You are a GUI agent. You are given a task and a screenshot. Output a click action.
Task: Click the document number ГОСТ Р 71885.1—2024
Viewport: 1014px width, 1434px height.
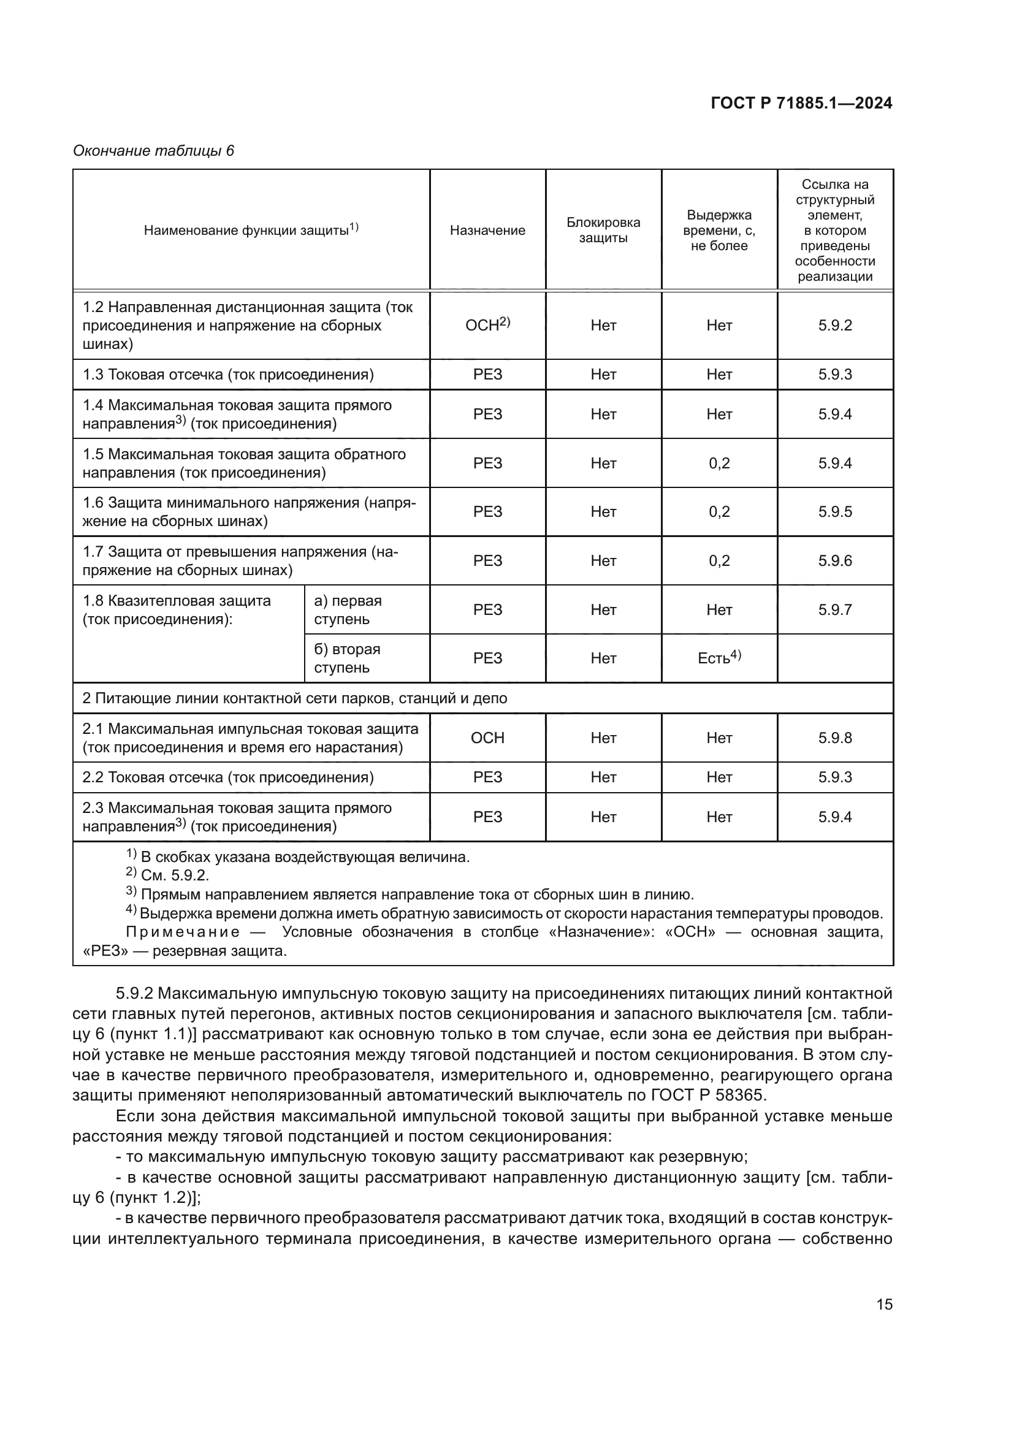801,103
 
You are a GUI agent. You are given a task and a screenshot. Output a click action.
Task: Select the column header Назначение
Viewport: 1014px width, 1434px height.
487,231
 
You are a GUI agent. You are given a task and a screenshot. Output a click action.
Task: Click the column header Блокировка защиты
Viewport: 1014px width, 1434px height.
603,231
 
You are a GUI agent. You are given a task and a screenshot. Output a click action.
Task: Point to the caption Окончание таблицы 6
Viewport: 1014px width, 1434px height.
154,151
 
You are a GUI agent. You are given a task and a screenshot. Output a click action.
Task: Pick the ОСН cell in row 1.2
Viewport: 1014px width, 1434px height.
487,325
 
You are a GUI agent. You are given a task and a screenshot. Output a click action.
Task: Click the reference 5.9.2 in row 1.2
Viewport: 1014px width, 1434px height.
835,325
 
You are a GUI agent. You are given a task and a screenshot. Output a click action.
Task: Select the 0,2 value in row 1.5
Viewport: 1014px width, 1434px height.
719,463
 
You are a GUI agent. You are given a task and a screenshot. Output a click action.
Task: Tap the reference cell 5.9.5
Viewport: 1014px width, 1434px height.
835,511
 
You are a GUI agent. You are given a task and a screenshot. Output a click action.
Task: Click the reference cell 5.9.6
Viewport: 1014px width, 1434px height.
835,560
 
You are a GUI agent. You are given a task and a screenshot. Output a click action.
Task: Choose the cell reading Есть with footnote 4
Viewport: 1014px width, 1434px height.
719,658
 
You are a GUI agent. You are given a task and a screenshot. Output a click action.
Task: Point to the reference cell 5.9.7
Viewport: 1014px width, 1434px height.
835,609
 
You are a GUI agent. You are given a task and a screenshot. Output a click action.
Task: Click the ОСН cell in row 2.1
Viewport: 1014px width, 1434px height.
487,738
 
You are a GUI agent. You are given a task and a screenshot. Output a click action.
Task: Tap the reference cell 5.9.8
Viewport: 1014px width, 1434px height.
835,738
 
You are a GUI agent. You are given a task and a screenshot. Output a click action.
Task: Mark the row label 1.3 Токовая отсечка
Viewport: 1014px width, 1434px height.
228,374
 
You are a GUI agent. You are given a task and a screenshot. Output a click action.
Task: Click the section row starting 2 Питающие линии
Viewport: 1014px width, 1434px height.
295,698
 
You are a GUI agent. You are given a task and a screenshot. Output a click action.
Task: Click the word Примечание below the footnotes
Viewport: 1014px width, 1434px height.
183,932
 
